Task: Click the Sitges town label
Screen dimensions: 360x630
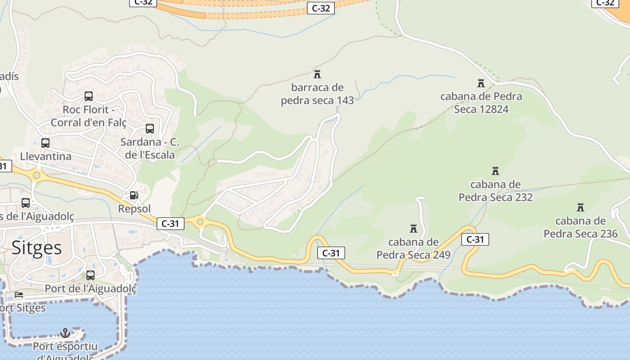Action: pos(36,247)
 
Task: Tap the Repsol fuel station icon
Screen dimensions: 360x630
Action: pos(134,195)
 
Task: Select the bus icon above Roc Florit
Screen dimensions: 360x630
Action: pos(89,96)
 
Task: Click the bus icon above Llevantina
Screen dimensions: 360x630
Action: pos(45,143)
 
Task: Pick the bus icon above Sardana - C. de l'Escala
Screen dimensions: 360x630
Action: pos(150,129)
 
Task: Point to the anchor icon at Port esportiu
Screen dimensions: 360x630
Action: pos(65,333)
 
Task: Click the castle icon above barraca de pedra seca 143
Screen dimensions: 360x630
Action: pos(317,74)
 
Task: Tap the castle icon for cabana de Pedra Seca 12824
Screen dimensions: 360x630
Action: pos(481,83)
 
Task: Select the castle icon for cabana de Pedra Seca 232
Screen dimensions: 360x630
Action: pos(495,171)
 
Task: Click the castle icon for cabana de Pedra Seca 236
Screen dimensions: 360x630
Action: pos(580,207)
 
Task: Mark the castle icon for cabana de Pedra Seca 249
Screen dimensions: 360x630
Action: pos(414,229)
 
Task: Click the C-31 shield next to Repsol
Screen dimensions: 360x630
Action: pos(171,223)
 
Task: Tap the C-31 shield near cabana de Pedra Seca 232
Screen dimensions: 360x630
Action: pos(475,239)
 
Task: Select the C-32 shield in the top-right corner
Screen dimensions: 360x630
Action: pos(605,3)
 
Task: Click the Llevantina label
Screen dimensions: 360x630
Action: pos(46,157)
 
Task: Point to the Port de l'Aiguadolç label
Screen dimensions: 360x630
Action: pos(90,288)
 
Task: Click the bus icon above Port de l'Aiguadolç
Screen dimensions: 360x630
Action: pos(90,275)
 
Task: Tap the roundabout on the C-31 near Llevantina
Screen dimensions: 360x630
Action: pos(36,175)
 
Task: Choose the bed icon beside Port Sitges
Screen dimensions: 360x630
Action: pos(18,295)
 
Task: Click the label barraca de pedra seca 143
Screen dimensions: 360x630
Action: pos(317,94)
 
